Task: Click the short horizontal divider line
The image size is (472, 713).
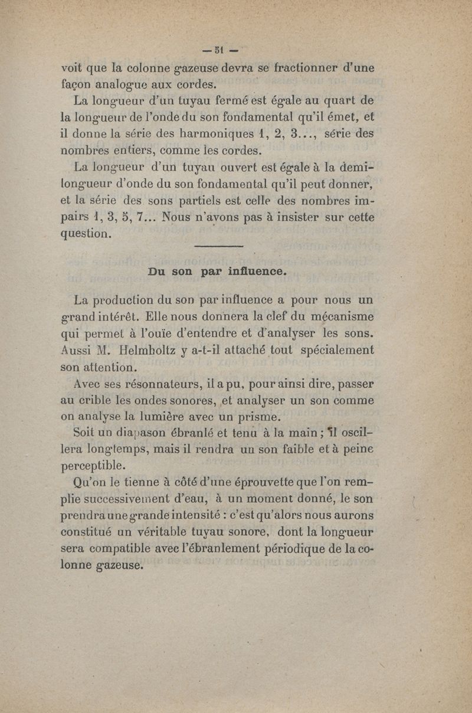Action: click(x=218, y=247)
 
